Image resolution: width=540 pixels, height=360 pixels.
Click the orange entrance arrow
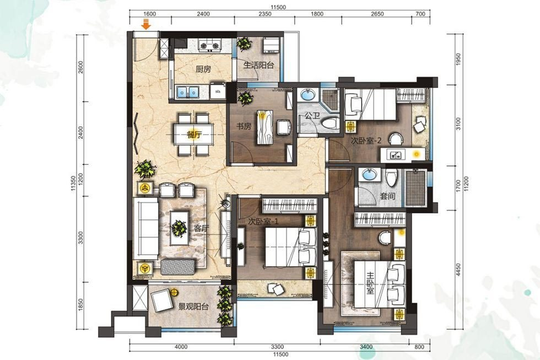[147, 25]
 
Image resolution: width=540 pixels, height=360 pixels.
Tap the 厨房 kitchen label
[203, 69]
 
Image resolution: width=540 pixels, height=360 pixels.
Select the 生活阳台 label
[258, 65]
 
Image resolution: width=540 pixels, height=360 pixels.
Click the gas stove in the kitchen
[209, 45]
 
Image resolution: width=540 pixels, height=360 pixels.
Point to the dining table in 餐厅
[194, 135]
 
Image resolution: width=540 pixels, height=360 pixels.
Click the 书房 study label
[244, 126]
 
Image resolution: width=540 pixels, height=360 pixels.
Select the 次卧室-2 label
[366, 141]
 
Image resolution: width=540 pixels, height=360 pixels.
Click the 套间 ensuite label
[387, 196]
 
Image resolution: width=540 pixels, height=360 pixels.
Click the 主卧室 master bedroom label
[370, 283]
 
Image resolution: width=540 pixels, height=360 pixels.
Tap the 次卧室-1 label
[263, 222]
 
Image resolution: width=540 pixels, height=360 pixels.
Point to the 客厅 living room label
[202, 228]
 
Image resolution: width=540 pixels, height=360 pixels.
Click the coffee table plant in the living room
[180, 228]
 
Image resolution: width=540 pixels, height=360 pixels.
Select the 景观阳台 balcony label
[193, 307]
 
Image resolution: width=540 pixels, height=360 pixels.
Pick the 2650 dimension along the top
[377, 14]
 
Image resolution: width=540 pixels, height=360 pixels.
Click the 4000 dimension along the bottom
[181, 347]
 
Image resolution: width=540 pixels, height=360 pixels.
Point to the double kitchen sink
[188, 92]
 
